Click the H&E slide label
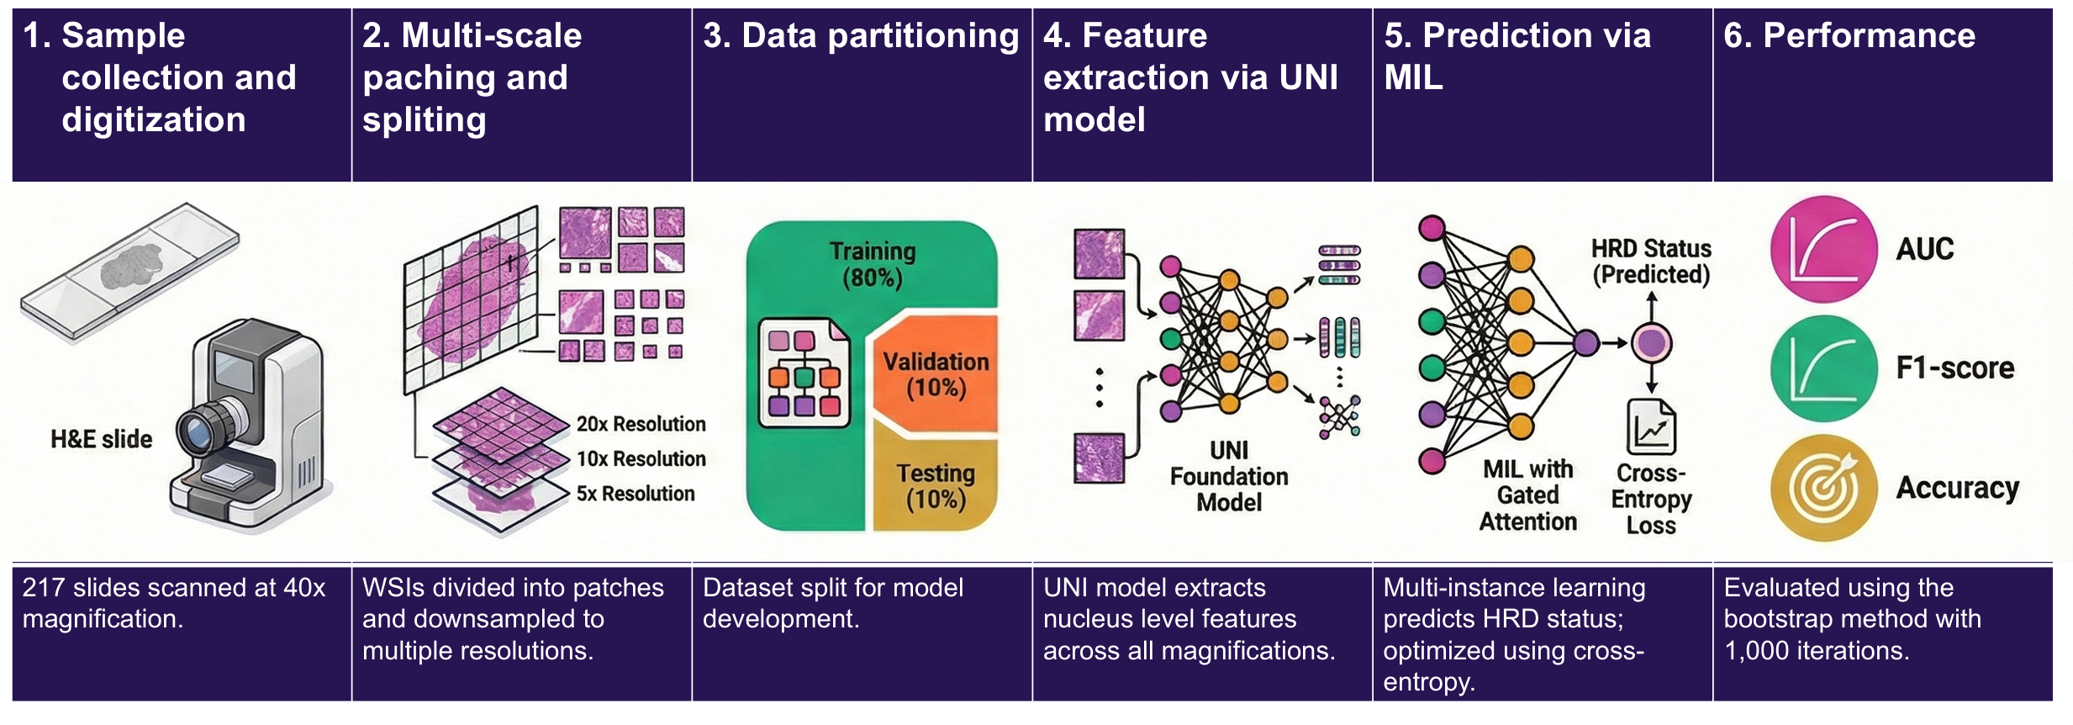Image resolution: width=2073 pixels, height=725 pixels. click(x=102, y=439)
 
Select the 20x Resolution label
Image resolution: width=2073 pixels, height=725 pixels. click(x=641, y=424)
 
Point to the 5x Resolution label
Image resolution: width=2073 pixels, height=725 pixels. click(x=636, y=494)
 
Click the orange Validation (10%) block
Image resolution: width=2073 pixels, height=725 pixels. click(x=936, y=375)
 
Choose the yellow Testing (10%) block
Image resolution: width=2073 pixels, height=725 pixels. click(x=936, y=486)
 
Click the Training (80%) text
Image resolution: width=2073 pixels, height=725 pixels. click(x=873, y=264)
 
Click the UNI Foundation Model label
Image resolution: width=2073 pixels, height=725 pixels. click(x=1229, y=477)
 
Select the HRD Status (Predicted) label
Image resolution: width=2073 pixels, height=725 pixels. click(x=1651, y=262)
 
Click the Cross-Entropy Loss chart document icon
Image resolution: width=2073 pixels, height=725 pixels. click(x=1651, y=427)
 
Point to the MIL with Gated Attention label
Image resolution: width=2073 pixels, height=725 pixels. click(x=1527, y=495)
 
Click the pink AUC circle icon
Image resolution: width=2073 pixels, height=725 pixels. click(x=1823, y=249)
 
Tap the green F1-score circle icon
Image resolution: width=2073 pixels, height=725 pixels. click(x=1823, y=368)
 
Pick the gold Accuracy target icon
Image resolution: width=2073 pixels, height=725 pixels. click(x=1823, y=488)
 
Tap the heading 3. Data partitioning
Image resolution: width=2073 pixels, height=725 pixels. click(x=861, y=36)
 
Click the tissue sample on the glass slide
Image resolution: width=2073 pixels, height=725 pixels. click(x=130, y=267)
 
